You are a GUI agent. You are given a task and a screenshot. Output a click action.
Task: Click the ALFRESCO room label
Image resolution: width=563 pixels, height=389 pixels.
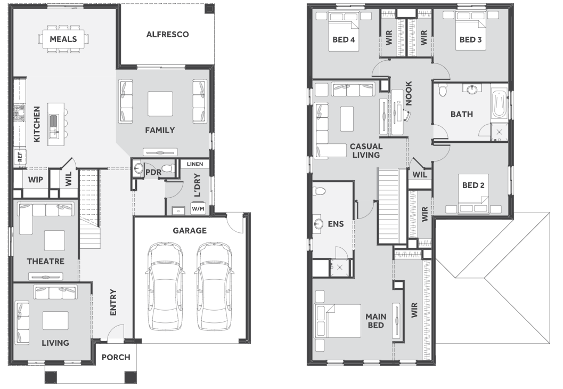tap(167, 35)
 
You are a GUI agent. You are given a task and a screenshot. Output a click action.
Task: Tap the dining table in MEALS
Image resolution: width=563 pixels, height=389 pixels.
tap(63, 39)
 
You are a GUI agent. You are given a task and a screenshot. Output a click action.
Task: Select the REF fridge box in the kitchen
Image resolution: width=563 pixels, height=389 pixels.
tap(19, 157)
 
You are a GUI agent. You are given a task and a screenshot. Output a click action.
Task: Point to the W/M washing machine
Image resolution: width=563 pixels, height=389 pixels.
tap(198, 208)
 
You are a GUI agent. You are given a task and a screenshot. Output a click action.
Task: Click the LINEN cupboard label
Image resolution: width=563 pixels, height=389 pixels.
tap(195, 164)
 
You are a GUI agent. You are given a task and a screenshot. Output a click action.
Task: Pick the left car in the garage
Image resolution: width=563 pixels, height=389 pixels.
tap(165, 286)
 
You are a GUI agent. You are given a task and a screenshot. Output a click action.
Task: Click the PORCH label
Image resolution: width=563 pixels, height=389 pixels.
tap(116, 358)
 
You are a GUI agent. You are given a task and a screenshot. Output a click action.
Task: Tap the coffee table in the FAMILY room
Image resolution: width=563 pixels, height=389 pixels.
tap(160, 104)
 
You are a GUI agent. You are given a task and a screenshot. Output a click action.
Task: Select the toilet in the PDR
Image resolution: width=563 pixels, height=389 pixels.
tap(168, 168)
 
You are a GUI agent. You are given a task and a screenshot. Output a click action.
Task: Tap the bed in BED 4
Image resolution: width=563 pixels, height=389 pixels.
tap(344, 31)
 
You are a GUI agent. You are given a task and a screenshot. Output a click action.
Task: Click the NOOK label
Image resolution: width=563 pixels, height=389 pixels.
tap(409, 93)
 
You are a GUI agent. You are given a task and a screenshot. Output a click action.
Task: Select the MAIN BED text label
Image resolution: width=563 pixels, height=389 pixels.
tap(376, 321)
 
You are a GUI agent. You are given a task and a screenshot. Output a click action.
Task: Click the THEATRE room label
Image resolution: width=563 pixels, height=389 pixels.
tap(46, 261)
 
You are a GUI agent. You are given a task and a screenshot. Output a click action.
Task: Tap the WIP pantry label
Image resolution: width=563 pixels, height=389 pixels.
tap(36, 180)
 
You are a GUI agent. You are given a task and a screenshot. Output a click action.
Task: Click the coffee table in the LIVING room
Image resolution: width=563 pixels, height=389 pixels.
tap(55, 320)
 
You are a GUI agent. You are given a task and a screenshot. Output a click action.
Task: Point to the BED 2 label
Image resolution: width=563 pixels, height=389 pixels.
tap(473, 185)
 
